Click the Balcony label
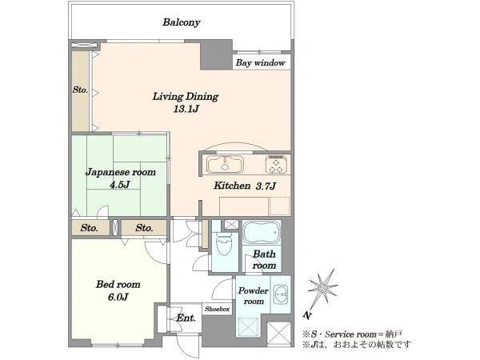(182, 22)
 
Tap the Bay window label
(260, 63)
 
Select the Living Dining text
(186, 97)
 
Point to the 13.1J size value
(186, 109)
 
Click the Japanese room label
(121, 172)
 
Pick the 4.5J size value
(120, 185)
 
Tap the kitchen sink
(225, 164)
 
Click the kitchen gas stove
(277, 165)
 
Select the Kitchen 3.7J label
(245, 186)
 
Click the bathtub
(262, 232)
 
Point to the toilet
(224, 242)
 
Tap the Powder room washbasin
(281, 294)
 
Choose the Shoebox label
(217, 309)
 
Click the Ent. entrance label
(186, 318)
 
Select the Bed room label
(118, 284)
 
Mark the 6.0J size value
(118, 297)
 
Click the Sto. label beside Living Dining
(80, 90)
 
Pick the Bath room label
(264, 259)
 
